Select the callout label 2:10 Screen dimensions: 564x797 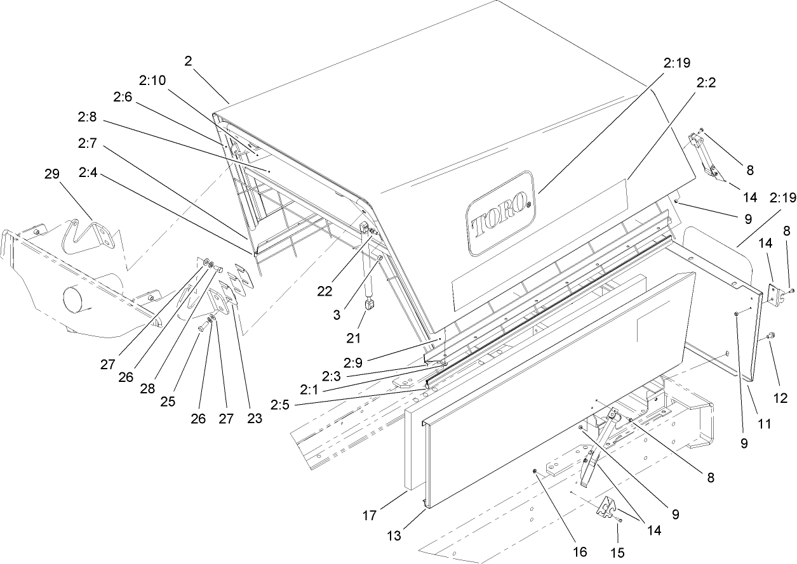point(152,81)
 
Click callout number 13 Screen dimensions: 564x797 point(394,536)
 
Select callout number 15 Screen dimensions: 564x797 point(617,553)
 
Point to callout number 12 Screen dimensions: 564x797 point(780,398)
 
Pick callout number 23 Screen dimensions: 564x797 point(255,419)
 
